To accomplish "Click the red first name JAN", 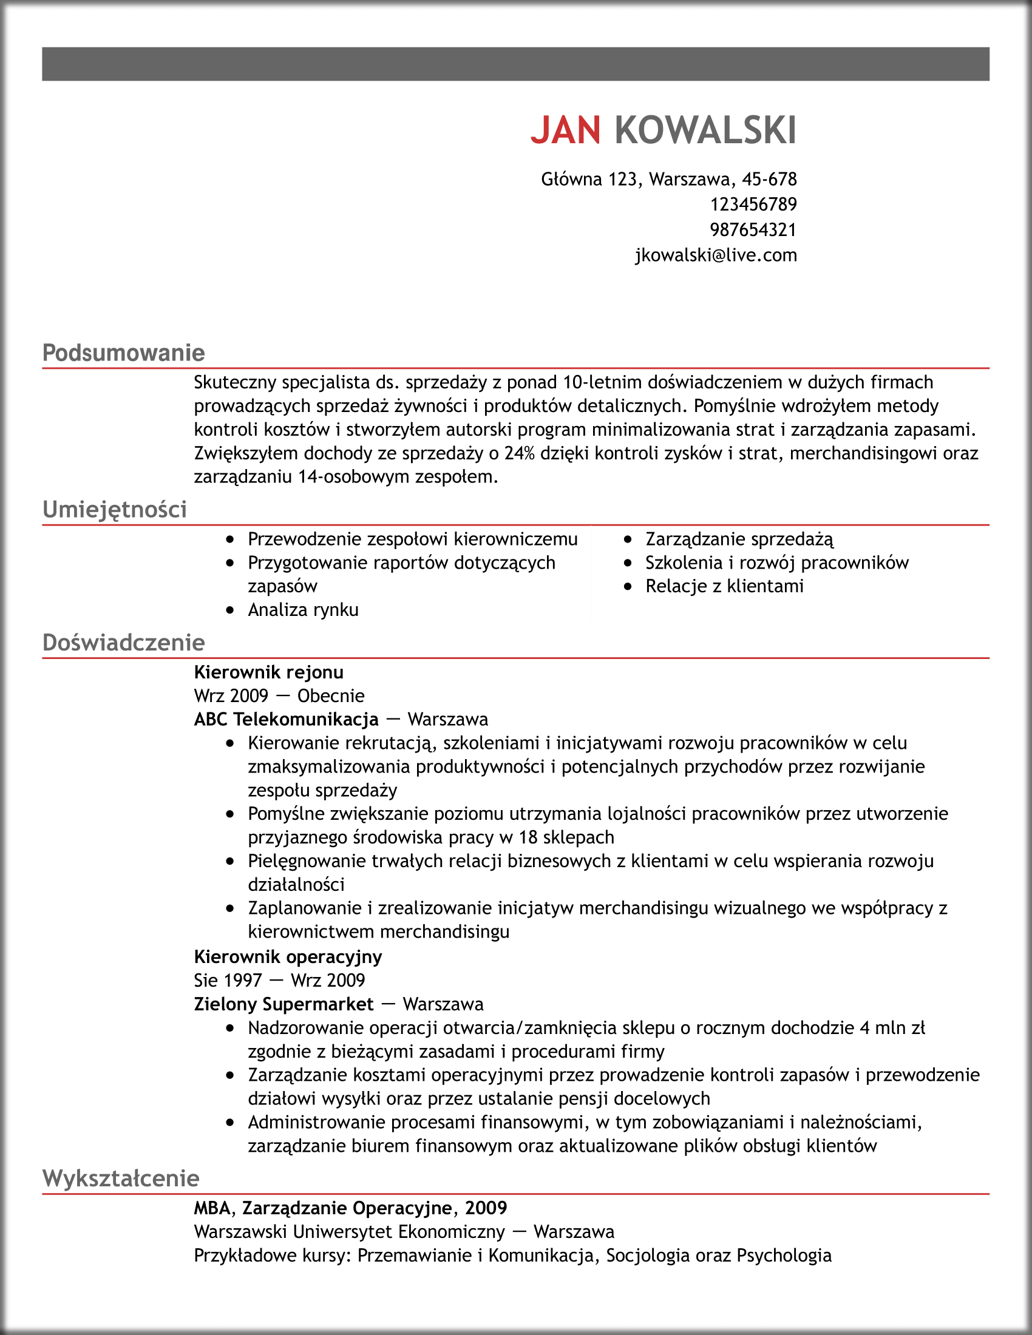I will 566,130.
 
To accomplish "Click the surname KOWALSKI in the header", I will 705,130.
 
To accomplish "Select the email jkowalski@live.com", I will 716,255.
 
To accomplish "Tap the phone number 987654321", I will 753,230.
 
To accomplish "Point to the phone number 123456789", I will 753,204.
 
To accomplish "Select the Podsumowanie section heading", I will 123,353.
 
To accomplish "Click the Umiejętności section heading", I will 114,509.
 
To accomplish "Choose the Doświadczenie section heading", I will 123,643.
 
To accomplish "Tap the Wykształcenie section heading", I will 120,1178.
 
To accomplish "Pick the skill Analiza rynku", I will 304,610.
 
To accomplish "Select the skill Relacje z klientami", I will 724,586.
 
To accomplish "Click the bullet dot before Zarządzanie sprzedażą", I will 628,539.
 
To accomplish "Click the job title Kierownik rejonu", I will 268,672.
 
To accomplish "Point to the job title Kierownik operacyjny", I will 288,956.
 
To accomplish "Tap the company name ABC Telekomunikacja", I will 286,720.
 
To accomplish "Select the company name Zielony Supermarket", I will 283,1004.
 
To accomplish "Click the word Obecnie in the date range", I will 331,695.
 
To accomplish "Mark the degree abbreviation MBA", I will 212,1208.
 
